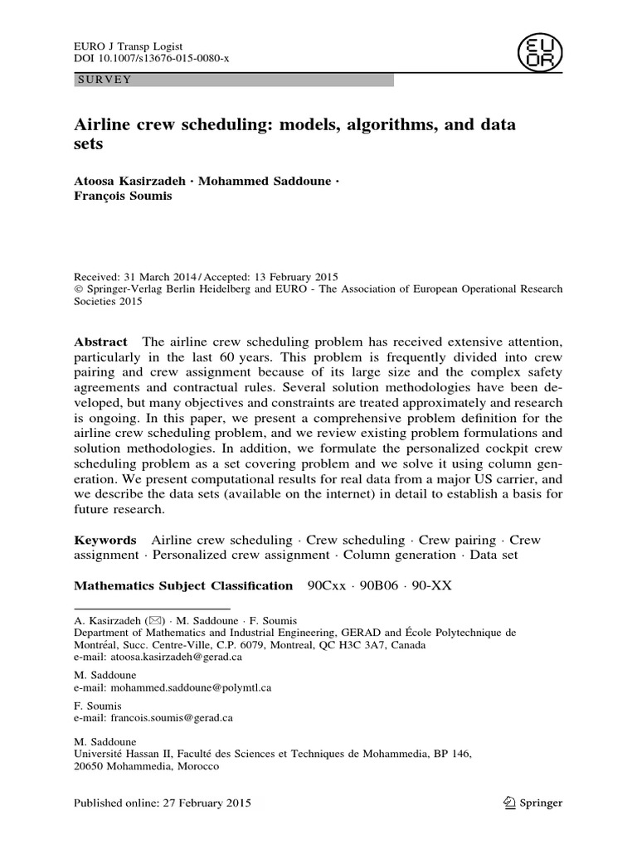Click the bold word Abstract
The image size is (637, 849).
point(100,342)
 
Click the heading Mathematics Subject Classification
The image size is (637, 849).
point(183,585)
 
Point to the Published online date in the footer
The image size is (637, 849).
point(163,803)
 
